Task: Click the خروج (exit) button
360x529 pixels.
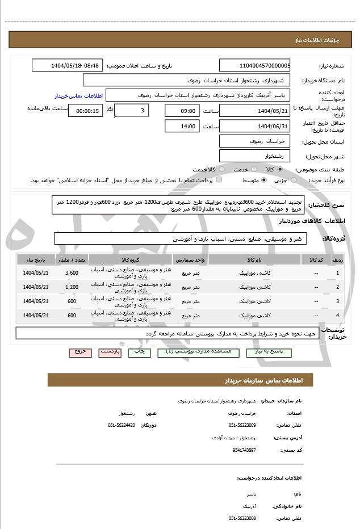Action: click(81, 352)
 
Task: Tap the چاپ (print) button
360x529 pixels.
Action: click(139, 352)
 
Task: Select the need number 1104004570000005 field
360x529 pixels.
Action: click(254, 65)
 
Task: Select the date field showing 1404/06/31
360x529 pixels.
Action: click(254, 126)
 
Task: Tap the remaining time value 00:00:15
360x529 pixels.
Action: click(85, 111)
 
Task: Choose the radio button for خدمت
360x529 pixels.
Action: click(254, 170)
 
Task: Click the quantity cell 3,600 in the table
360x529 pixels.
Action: click(72, 273)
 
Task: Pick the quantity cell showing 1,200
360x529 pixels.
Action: click(72, 287)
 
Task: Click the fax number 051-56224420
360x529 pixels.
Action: click(122, 425)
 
